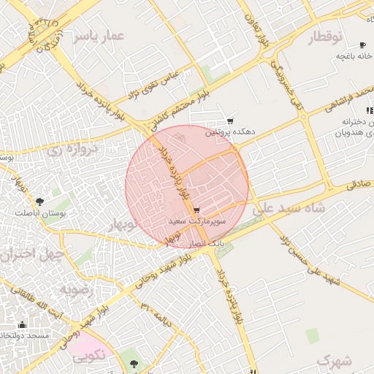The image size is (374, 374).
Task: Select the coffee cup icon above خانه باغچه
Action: click(363, 44)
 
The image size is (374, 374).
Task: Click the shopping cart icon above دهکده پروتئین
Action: click(231, 121)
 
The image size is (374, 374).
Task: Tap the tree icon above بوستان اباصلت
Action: click(39, 201)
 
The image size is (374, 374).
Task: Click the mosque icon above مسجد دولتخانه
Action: click(22, 324)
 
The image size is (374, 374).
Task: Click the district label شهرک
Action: click(335, 360)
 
